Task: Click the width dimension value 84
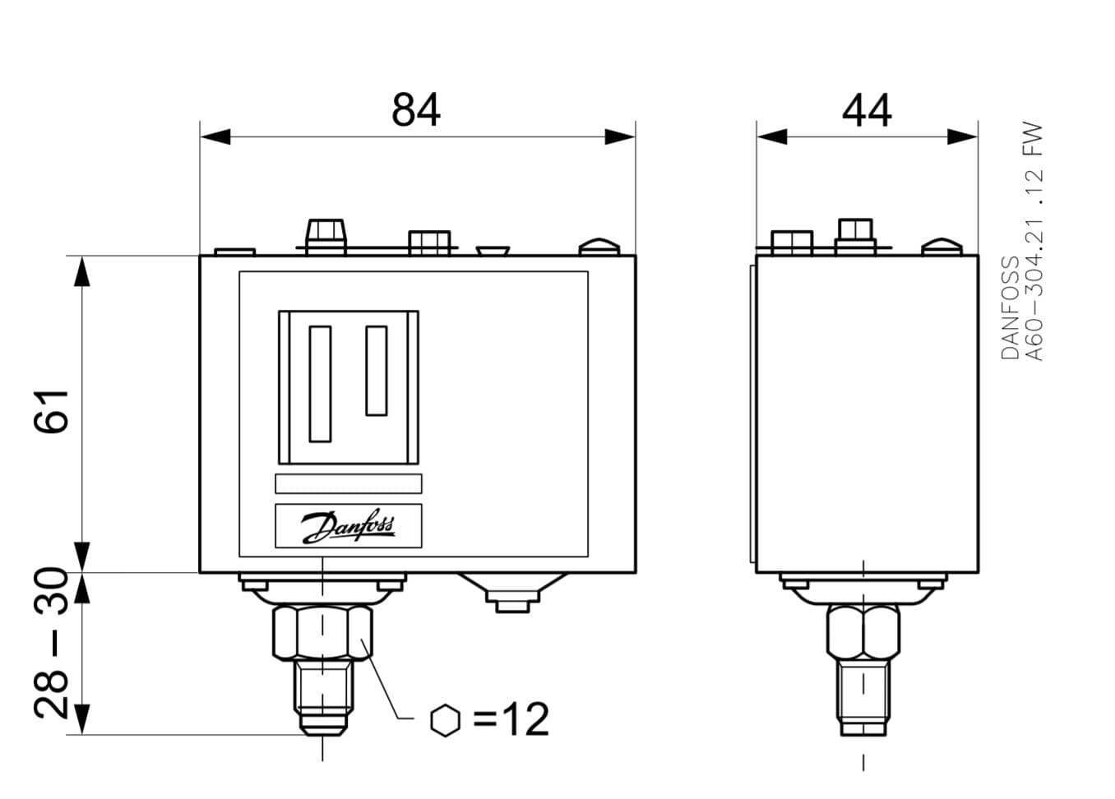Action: coord(415,109)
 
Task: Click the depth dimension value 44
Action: coord(867,110)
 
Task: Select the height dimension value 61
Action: coord(51,412)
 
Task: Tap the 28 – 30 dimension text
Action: coord(51,643)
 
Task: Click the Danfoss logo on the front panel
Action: coord(349,527)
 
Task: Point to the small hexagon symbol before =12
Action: coord(446,720)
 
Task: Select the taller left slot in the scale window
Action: coord(320,384)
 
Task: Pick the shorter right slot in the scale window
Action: coord(377,371)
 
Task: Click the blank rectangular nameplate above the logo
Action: coord(349,483)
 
